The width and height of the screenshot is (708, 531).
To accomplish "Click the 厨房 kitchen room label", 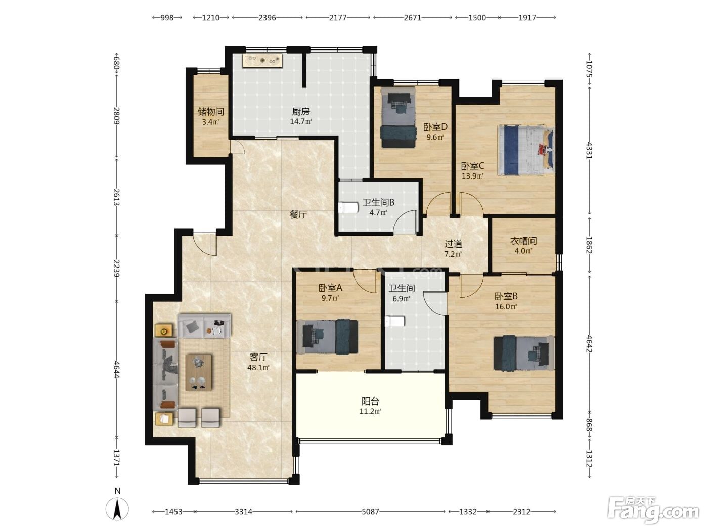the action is [300, 112].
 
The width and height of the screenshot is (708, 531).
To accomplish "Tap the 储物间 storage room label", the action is [210, 112].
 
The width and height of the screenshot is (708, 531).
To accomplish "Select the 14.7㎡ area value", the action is [300, 121].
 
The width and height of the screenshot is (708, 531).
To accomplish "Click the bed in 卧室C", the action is [526, 150].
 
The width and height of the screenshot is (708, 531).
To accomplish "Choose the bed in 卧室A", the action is [327, 337].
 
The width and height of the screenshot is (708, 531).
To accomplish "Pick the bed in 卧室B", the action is [524, 352].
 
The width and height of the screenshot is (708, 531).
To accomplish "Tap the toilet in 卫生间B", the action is [348, 208].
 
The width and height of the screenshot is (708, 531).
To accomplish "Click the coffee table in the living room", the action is [199, 373].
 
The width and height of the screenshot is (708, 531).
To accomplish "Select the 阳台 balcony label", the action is [370, 401].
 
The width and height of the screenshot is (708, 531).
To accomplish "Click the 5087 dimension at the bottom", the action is [370, 512].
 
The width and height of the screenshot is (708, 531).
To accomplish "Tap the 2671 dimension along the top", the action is [413, 17].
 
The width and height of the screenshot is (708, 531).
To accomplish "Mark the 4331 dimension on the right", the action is [589, 150].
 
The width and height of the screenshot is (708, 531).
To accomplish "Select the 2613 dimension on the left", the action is [117, 197].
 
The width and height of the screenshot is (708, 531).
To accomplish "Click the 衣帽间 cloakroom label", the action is [523, 241].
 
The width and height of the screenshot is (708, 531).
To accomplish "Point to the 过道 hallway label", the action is [453, 244].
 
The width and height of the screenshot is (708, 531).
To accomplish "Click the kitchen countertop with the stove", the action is [262, 61].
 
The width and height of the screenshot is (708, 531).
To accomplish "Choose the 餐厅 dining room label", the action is [298, 215].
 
